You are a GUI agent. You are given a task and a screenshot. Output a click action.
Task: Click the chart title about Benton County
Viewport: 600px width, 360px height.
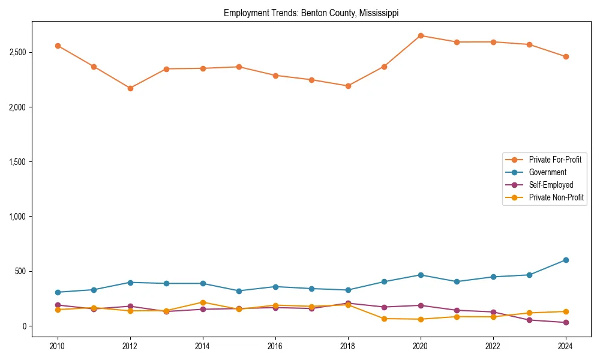[311, 13]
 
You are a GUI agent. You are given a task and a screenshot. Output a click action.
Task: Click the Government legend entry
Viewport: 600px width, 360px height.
[547, 172]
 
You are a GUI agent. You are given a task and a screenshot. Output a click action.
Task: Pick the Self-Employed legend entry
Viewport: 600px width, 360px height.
[551, 185]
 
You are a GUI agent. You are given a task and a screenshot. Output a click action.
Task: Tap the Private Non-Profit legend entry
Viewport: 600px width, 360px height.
[556, 197]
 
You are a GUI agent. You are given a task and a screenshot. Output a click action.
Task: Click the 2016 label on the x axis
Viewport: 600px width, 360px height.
[275, 346]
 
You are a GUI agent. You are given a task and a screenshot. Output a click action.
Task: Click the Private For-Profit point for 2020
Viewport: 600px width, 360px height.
[421, 35]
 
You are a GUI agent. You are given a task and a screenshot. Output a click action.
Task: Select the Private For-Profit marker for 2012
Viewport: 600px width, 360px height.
[130, 88]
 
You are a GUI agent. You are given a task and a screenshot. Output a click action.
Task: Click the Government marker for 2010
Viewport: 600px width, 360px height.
[58, 292]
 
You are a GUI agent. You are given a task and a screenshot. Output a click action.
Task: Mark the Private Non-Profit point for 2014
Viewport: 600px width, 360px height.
[203, 302]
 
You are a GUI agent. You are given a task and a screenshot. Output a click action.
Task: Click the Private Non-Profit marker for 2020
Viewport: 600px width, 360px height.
[421, 319]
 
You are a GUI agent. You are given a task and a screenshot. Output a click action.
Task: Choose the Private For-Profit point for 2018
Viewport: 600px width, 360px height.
[348, 86]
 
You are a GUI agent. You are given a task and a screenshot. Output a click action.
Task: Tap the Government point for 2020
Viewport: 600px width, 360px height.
[421, 275]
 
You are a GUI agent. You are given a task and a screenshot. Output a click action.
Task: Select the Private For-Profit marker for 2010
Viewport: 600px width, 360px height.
[58, 46]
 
